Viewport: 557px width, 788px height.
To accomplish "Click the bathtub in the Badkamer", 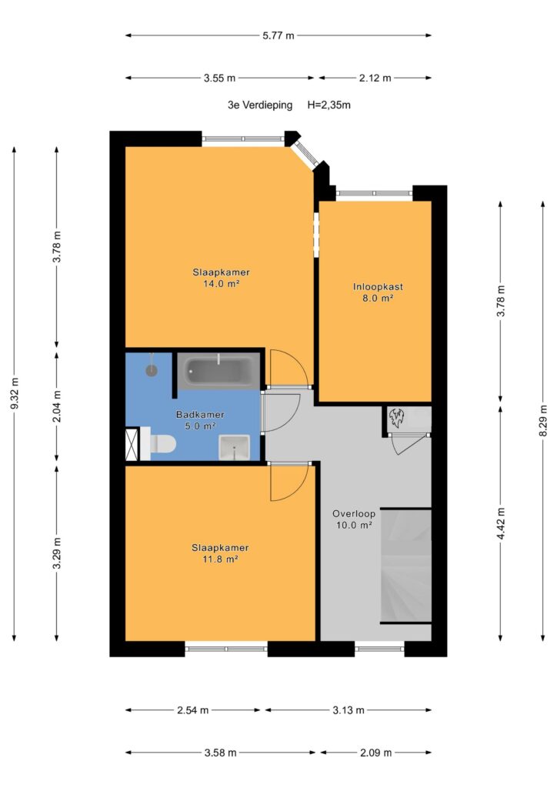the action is coord(218,371).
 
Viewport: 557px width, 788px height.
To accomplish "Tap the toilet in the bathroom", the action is coord(160,443).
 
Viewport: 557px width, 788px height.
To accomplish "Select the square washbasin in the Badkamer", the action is coord(235,447).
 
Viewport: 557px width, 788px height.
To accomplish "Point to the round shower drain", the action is coord(152,370).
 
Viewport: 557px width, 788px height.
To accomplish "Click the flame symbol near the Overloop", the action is coord(397,418).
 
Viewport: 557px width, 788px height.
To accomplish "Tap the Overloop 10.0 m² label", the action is coord(354,519).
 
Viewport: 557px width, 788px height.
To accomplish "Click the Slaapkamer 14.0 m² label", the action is coord(221,278).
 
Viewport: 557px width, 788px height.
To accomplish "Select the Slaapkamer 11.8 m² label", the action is coord(220,553).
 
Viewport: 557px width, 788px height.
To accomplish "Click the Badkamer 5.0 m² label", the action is coord(200,420).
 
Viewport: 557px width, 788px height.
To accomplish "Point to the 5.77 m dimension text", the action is coord(278,35).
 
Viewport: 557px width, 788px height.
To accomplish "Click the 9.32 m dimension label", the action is coord(15,392).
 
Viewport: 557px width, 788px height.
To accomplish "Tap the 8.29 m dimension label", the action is coord(543,421).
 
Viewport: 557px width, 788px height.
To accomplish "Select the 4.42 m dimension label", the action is coord(501,523).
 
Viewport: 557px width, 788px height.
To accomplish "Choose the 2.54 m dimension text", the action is coord(193,710).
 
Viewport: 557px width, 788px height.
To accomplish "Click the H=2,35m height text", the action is coord(329,105).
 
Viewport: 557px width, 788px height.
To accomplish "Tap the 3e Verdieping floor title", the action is coord(260,105).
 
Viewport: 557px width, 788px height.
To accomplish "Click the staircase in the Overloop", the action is coord(405,566).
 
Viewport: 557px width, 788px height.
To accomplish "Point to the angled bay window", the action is coord(307,153).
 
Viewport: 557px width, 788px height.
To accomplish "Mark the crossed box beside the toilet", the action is coord(132,444).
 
